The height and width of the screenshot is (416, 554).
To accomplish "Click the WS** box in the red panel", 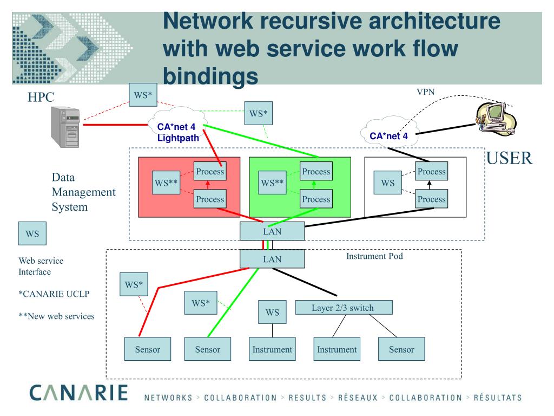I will pyautogui.click(x=167, y=183).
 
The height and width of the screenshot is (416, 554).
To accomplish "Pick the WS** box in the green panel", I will pyautogui.click(x=273, y=183).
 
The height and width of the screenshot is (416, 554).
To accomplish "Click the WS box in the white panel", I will pyautogui.click(x=388, y=183).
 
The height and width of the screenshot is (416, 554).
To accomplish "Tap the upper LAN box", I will pyautogui.click(x=272, y=231).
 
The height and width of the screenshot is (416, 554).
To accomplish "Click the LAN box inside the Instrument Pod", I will pyautogui.click(x=272, y=258).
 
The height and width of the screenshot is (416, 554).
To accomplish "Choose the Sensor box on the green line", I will pyautogui.click(x=207, y=349).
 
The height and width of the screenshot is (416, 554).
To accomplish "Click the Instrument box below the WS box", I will pyautogui.click(x=272, y=349).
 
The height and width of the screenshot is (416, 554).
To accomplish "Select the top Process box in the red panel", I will pyautogui.click(x=210, y=172).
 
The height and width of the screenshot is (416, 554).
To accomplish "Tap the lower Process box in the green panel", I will pyautogui.click(x=316, y=199).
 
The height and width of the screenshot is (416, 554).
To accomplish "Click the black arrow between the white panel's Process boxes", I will pyautogui.click(x=431, y=185).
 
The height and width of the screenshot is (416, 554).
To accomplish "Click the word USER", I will pyautogui.click(x=510, y=158).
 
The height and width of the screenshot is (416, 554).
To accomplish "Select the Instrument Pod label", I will pyautogui.click(x=375, y=256).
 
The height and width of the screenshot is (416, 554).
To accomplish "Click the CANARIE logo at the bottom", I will pyautogui.click(x=72, y=394).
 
